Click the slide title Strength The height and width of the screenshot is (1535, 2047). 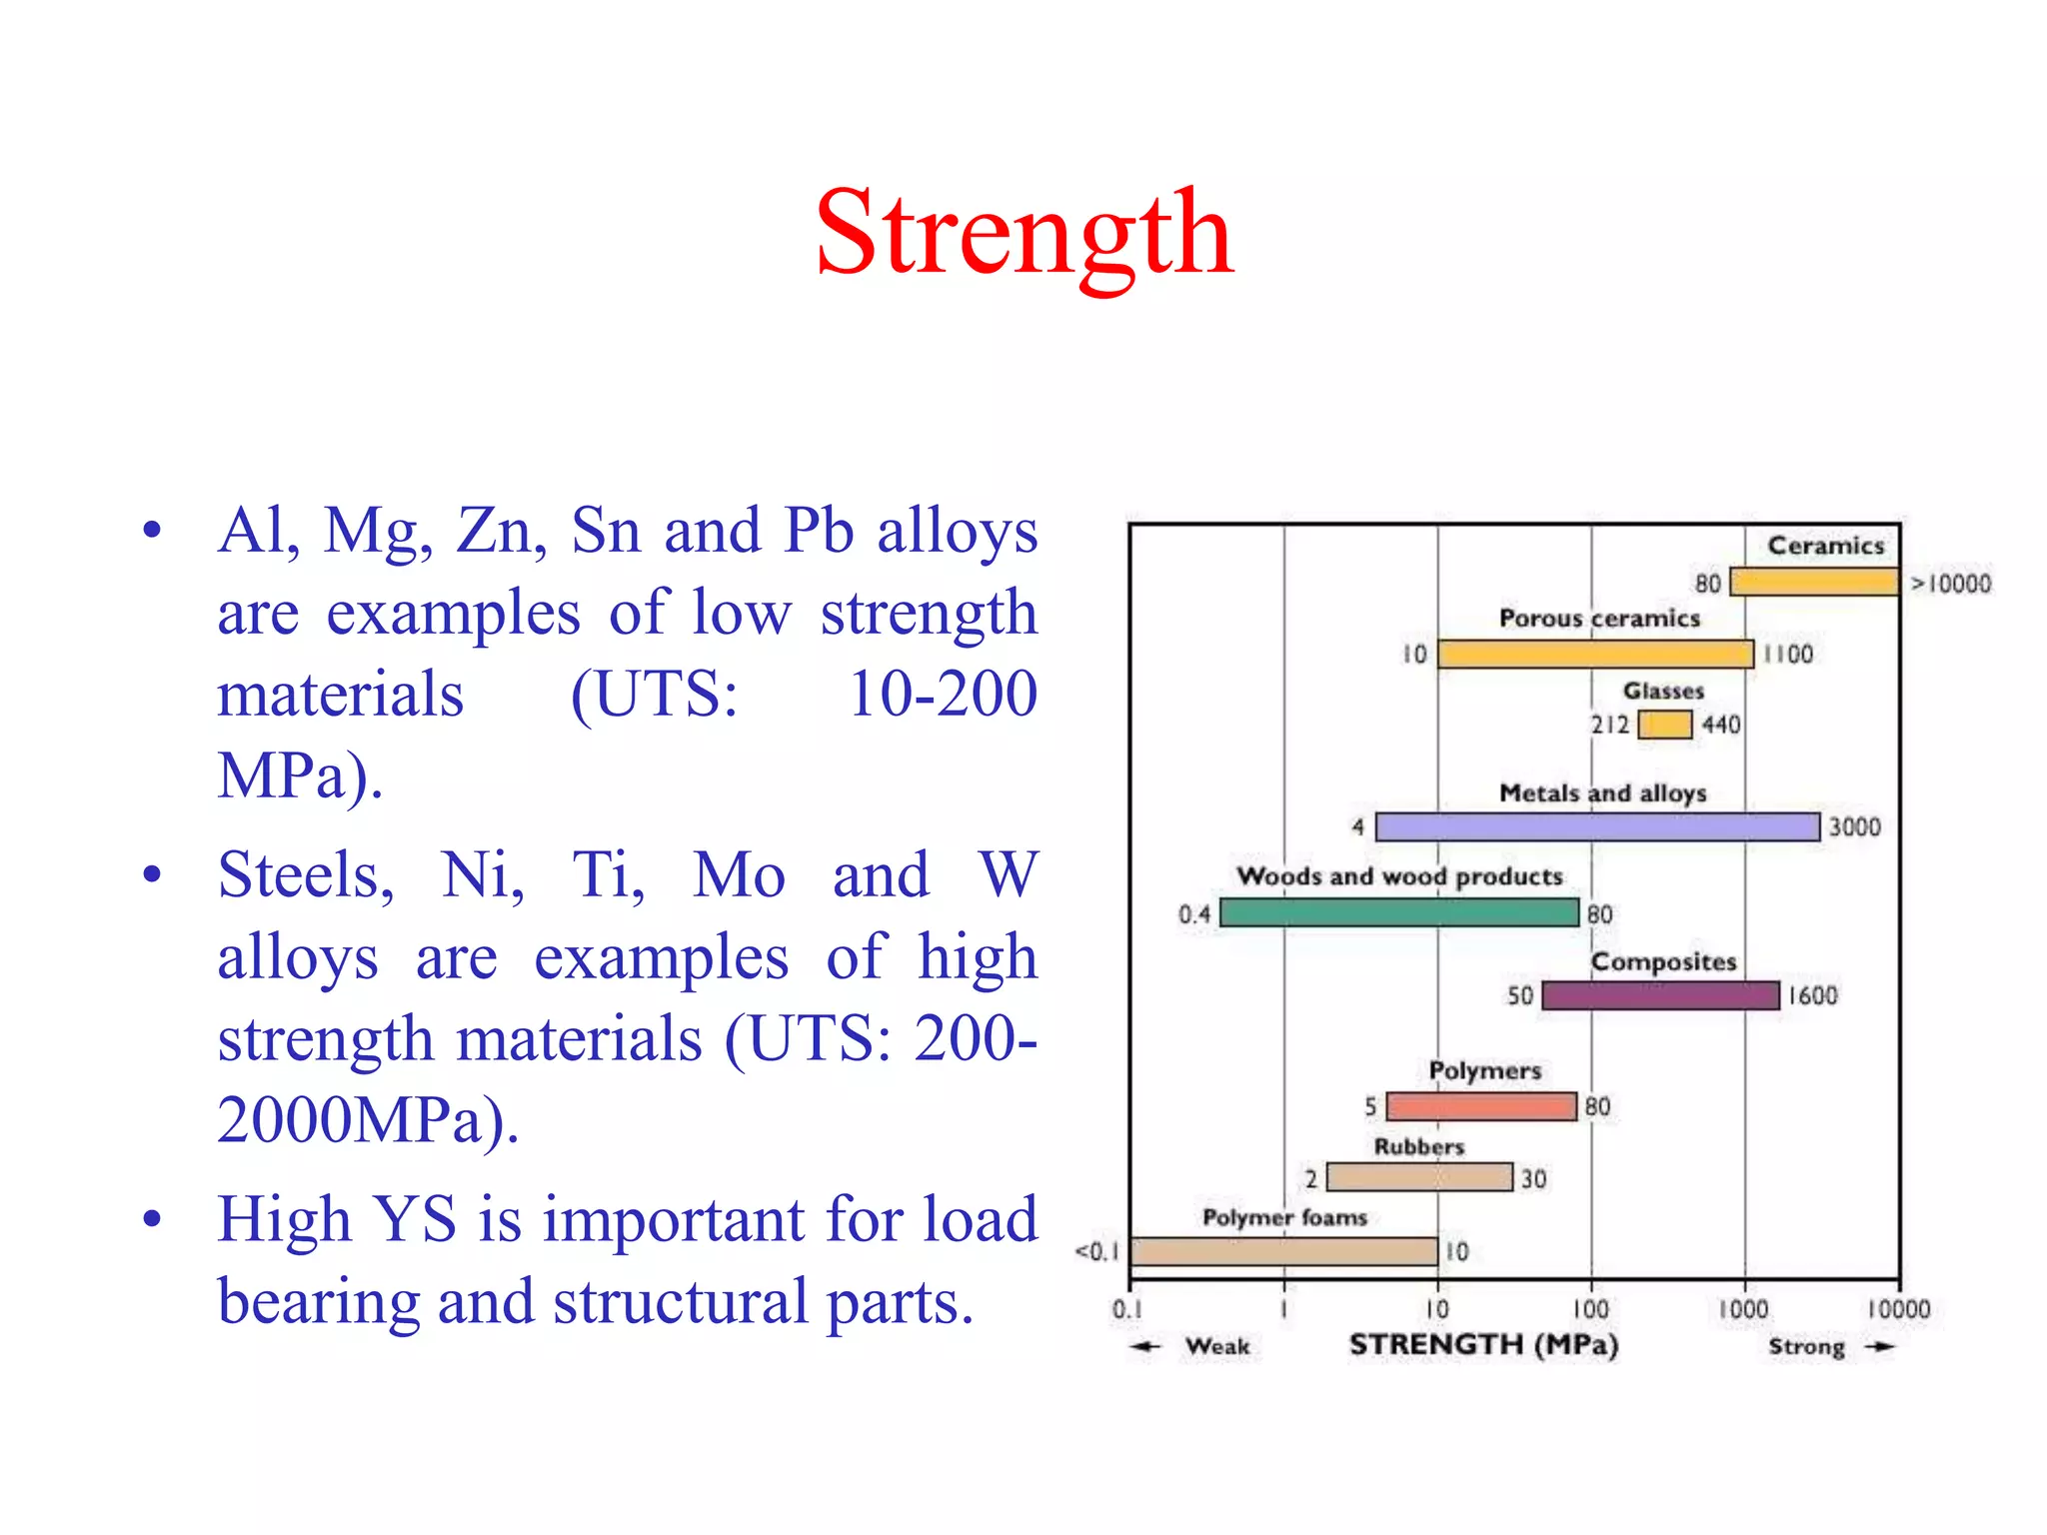coord(1023,235)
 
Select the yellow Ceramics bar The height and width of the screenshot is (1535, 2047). coord(1814,582)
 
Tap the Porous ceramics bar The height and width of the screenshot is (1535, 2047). coord(1595,655)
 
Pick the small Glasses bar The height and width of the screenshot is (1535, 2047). coord(1665,725)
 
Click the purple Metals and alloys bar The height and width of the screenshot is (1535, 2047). coord(1597,827)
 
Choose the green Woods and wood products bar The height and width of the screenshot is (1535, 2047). coord(1399,912)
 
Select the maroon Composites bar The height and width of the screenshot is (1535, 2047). coord(1660,995)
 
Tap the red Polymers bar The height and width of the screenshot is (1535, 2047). coord(1481,1106)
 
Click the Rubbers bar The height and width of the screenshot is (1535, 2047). coord(1419,1177)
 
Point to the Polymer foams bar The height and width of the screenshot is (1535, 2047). coord(1284,1251)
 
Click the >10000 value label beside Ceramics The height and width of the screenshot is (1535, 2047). coord(1951,584)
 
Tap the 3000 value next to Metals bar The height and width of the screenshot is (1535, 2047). coord(1854,827)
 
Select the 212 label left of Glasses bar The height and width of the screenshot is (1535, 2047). coord(1609,725)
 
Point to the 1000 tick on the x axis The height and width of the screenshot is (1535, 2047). coord(1744,1309)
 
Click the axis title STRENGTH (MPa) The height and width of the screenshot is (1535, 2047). coord(1483,1345)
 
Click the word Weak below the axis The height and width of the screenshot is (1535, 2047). coord(1217,1347)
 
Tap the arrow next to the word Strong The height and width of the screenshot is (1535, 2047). coord(1880,1347)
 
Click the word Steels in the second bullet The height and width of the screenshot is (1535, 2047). coord(306,876)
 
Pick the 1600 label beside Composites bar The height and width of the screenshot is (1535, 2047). coord(1812,996)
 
